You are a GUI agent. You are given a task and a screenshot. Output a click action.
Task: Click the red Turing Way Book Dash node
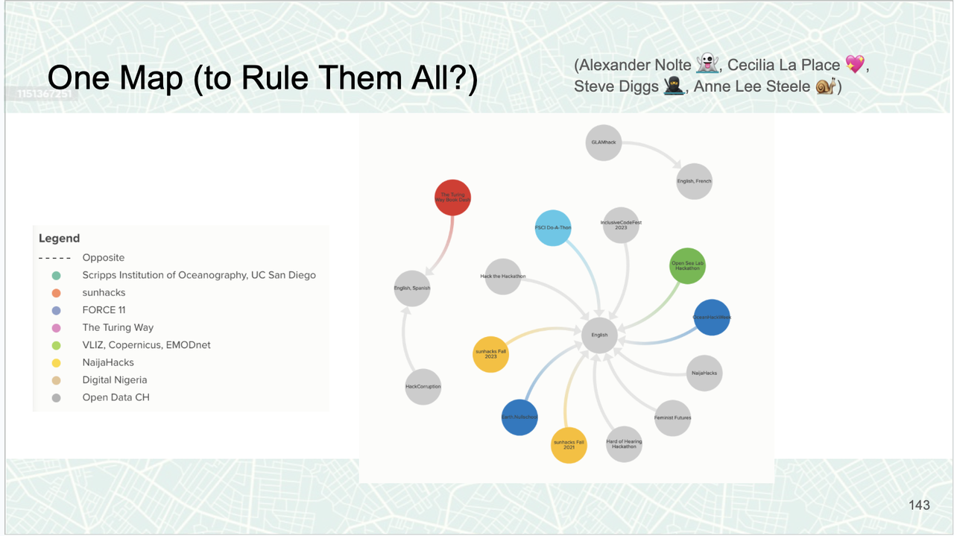click(452, 198)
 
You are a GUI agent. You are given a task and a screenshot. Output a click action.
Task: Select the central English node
click(600, 335)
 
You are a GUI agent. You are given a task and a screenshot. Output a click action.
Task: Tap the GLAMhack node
click(603, 142)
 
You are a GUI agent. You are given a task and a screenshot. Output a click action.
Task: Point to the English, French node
click(694, 181)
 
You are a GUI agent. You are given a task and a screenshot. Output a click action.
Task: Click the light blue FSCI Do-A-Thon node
click(553, 227)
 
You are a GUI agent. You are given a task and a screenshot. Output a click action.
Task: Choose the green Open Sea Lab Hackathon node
click(687, 266)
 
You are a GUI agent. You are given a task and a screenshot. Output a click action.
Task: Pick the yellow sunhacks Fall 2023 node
click(490, 354)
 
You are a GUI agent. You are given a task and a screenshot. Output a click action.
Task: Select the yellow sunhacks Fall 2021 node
click(569, 445)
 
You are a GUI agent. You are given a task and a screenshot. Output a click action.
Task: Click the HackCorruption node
click(423, 387)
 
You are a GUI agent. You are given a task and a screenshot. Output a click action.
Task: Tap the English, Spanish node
click(412, 288)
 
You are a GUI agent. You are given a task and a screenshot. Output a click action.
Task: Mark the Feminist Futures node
click(672, 417)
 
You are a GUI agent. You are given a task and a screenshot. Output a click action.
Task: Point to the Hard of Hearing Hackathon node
click(624, 444)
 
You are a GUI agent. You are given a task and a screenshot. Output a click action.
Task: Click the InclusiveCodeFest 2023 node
click(621, 225)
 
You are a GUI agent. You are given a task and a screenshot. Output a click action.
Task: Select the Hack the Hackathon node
click(503, 277)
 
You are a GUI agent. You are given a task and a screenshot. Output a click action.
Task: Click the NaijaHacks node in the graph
click(704, 373)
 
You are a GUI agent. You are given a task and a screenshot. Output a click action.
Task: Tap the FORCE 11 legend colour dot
click(56, 310)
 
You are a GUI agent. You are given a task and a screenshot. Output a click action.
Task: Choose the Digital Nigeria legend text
click(114, 380)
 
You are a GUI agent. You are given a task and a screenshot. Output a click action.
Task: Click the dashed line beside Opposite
click(55, 258)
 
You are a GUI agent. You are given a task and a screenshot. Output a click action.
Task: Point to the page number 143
click(919, 505)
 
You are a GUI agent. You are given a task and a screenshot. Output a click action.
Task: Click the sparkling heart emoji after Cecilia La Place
click(854, 65)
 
